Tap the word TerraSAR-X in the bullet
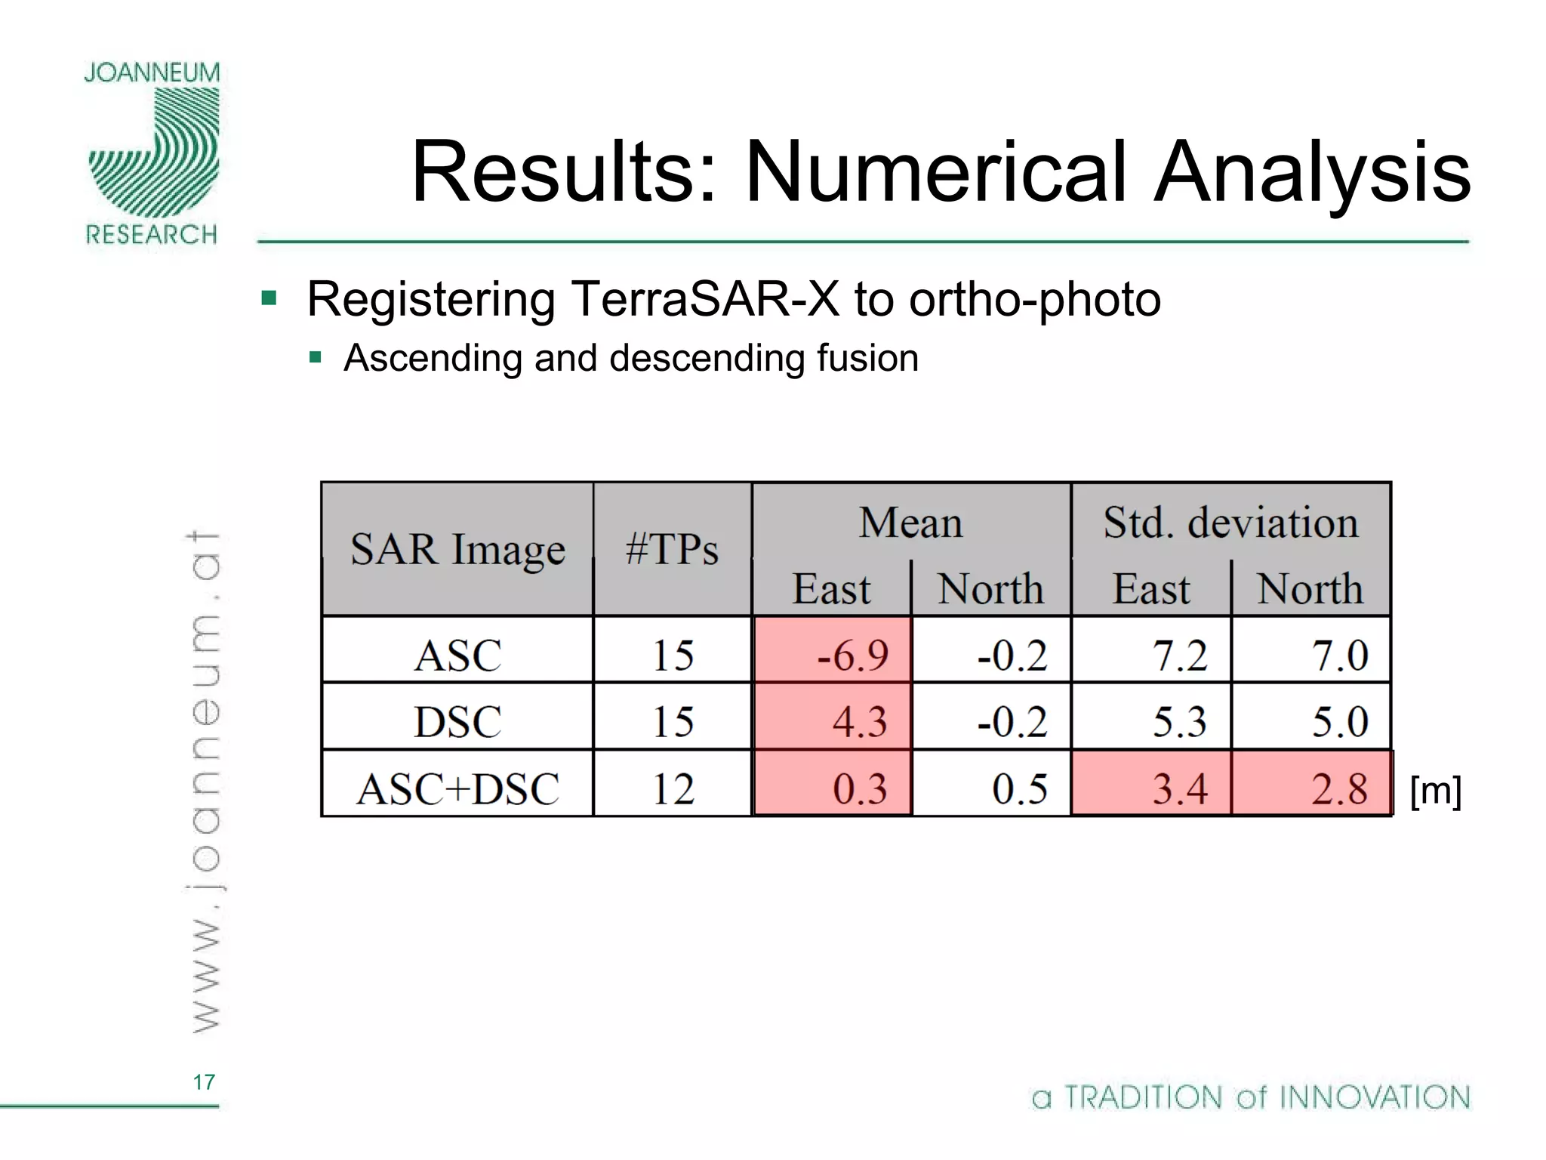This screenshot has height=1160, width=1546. pyautogui.click(x=705, y=299)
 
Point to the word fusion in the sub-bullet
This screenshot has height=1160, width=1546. pyautogui.click(x=867, y=358)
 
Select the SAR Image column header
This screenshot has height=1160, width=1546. pyautogui.click(x=457, y=549)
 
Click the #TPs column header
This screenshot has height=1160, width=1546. pyautogui.click(x=672, y=549)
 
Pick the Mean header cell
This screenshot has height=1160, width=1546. pyautogui.click(x=910, y=523)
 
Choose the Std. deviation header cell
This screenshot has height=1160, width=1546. pyautogui.click(x=1230, y=523)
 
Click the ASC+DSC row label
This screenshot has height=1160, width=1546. pyautogui.click(x=457, y=788)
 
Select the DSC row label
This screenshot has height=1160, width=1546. pyautogui.click(x=457, y=721)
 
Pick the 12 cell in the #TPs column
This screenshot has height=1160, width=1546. pyautogui.click(x=672, y=788)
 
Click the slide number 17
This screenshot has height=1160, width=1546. pyautogui.click(x=204, y=1082)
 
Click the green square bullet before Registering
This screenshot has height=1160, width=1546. pyautogui.click(x=269, y=297)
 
